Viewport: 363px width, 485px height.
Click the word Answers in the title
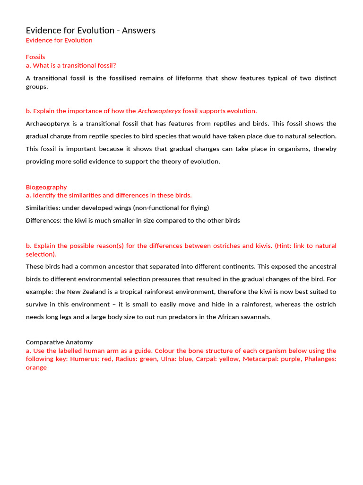coord(138,31)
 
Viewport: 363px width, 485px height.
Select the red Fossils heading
coord(35,57)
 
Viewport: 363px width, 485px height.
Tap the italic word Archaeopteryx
coord(159,111)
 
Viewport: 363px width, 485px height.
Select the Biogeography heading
coord(46,187)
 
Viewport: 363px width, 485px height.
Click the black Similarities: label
coord(42,208)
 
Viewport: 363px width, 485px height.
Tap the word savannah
coord(256,317)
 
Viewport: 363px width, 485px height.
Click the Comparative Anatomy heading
coord(59,342)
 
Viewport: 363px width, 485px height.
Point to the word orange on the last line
coord(36,368)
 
